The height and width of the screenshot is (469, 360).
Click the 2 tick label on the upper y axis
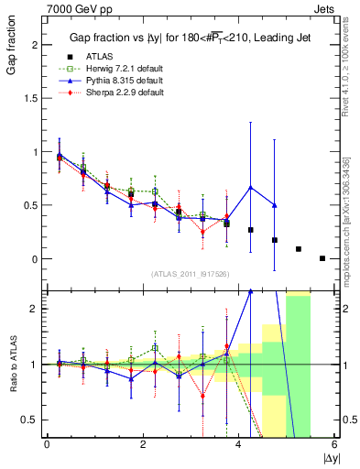(x=36, y=45)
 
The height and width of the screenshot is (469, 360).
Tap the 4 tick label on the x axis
(x=238, y=445)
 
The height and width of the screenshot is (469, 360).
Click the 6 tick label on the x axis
(x=334, y=445)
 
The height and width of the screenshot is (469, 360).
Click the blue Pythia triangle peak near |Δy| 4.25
(x=250, y=188)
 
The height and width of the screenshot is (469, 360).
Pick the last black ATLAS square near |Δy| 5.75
(x=322, y=258)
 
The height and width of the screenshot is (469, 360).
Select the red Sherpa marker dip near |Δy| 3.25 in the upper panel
(x=202, y=232)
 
